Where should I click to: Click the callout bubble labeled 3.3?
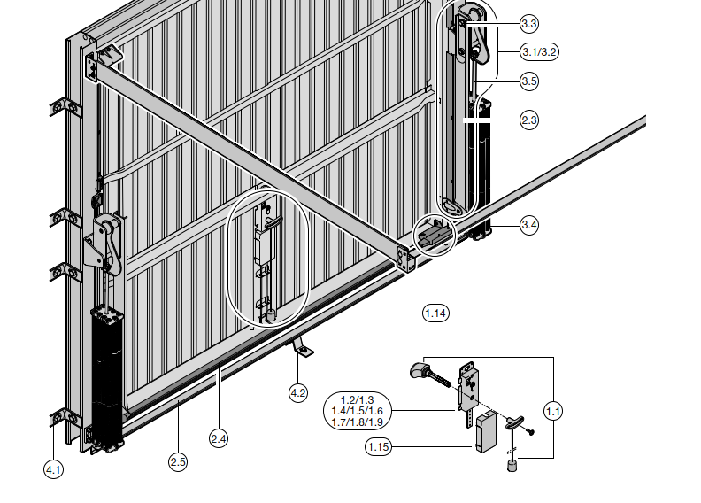tap(529, 23)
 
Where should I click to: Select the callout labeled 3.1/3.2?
tap(540, 52)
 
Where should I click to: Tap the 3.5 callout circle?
tap(529, 81)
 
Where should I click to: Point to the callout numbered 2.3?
tap(529, 120)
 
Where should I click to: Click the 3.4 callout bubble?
tap(529, 224)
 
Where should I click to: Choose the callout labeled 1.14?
tap(435, 313)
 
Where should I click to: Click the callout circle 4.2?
tap(298, 393)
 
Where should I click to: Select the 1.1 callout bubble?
tap(553, 411)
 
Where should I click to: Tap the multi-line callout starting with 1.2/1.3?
tap(358, 411)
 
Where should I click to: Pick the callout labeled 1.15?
tap(378, 446)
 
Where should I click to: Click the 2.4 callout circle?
tap(218, 438)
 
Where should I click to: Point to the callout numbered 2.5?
tap(178, 462)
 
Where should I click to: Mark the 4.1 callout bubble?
tap(53, 470)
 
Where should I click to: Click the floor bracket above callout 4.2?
tap(302, 348)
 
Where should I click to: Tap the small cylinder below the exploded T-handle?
tap(512, 466)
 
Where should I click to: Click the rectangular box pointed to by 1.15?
tap(486, 433)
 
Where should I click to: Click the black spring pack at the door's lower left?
tap(107, 377)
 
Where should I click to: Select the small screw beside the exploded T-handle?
tap(531, 432)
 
